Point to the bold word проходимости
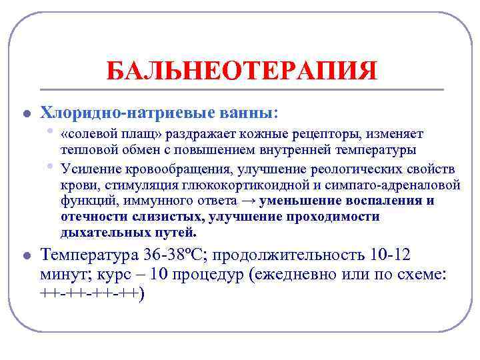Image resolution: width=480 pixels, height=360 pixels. (x=333, y=217)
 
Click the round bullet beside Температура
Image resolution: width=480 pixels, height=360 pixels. (x=26, y=256)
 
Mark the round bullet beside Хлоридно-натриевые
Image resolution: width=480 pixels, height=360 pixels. (x=26, y=112)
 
